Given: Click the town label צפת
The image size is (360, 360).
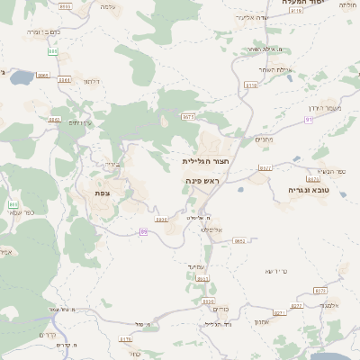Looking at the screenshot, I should tap(103, 193).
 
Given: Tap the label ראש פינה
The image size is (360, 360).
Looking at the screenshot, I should tap(202, 181).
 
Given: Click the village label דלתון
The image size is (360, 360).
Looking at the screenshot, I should tap(91, 82).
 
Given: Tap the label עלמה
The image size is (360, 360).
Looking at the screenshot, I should tap(108, 7).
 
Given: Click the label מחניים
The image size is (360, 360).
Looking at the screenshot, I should tap(264, 139).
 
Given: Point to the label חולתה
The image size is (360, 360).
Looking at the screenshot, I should tap(346, 5).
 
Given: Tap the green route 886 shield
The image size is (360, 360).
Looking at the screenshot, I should tap(52, 51).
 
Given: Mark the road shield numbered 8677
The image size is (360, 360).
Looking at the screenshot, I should tap(188, 116).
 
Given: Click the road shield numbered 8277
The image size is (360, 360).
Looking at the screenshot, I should tap(265, 167).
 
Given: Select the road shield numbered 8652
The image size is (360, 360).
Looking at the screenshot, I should tap(239, 240).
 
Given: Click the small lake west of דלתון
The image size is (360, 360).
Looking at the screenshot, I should tap(19, 77).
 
